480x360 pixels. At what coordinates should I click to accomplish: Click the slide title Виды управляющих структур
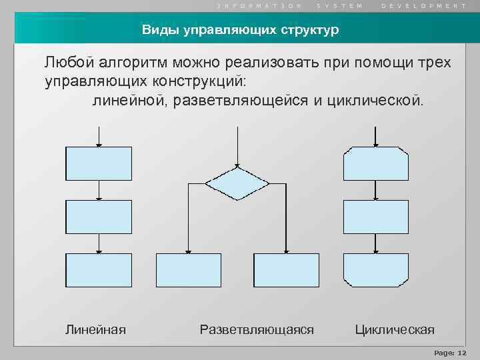240,30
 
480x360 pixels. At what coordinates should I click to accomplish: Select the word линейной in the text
131,101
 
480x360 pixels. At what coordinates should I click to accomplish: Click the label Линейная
95,329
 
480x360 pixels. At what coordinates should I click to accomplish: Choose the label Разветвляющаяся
257,329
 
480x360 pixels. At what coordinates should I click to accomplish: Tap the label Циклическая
395,329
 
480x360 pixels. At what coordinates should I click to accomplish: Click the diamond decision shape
237,183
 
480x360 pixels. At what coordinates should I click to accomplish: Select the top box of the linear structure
99,163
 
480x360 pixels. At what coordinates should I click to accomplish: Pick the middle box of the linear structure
99,217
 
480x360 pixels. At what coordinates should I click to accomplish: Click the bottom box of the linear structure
99,270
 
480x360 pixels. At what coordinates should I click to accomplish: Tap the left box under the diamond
188,270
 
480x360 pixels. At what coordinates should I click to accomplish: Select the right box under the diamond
287,270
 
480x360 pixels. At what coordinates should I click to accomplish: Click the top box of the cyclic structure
375,163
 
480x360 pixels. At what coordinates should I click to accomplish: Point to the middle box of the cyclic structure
375,217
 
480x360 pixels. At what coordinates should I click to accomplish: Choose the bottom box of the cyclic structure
375,270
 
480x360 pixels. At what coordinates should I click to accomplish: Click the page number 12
462,353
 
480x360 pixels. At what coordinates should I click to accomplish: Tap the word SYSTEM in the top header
340,5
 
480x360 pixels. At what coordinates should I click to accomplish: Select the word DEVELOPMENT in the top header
424,5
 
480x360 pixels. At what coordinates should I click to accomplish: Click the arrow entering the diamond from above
237,147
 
